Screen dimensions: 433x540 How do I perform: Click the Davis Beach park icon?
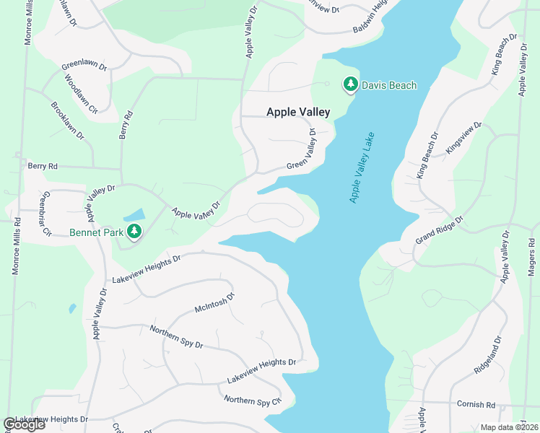coord(350,85)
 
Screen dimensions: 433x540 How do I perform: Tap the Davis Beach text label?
coord(389,85)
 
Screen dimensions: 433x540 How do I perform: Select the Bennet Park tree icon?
coord(134,231)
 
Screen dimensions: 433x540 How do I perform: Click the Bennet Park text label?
coord(97,232)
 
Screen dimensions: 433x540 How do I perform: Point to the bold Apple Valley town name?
coord(298,112)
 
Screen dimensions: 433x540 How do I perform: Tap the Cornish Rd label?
coord(476,404)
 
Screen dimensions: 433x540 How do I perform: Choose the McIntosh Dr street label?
coord(215,304)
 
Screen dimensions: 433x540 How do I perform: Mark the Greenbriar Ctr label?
coord(45,214)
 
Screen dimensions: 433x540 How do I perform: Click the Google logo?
coord(24,424)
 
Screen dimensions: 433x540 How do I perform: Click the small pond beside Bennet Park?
coord(134,215)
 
